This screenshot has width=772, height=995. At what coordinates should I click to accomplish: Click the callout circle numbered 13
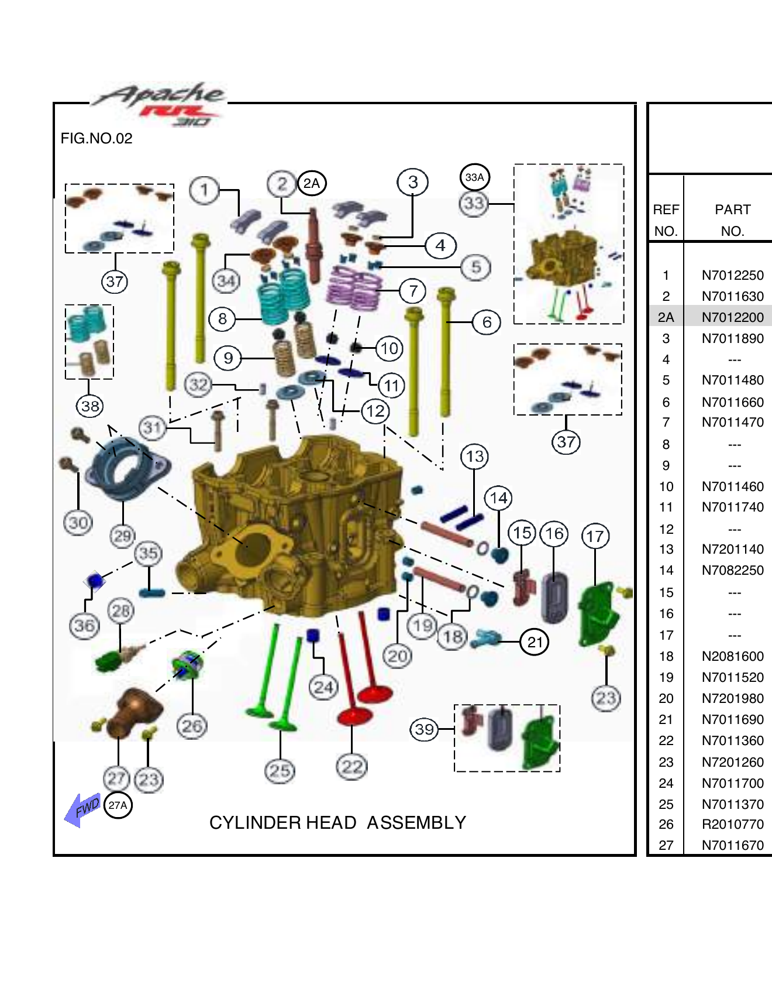(x=474, y=457)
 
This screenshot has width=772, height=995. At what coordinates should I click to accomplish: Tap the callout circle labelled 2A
(x=312, y=183)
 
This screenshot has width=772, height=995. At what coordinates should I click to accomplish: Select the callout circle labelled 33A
(x=474, y=177)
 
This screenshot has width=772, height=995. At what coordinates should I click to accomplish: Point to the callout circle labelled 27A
(x=118, y=805)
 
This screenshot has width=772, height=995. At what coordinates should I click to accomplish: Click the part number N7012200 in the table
(x=732, y=317)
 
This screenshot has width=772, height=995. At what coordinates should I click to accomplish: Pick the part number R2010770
(x=732, y=824)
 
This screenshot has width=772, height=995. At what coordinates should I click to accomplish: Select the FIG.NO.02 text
(x=96, y=139)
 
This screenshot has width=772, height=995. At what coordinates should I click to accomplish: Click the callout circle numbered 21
(x=535, y=642)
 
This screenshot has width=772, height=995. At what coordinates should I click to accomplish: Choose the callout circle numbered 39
(x=424, y=729)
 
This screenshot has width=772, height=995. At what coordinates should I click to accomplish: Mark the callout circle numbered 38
(x=90, y=406)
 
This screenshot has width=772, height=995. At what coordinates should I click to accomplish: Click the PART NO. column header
(x=732, y=220)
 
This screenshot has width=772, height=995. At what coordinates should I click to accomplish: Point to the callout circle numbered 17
(x=595, y=536)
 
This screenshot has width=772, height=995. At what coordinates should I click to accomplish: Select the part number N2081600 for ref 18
(x=732, y=656)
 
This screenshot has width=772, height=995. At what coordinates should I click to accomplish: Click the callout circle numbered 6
(x=487, y=322)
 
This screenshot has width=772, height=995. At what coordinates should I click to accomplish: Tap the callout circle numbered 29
(x=122, y=536)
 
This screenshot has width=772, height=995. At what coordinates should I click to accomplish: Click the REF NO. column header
(x=666, y=220)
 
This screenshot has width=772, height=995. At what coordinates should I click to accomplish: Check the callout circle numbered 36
(x=84, y=626)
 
